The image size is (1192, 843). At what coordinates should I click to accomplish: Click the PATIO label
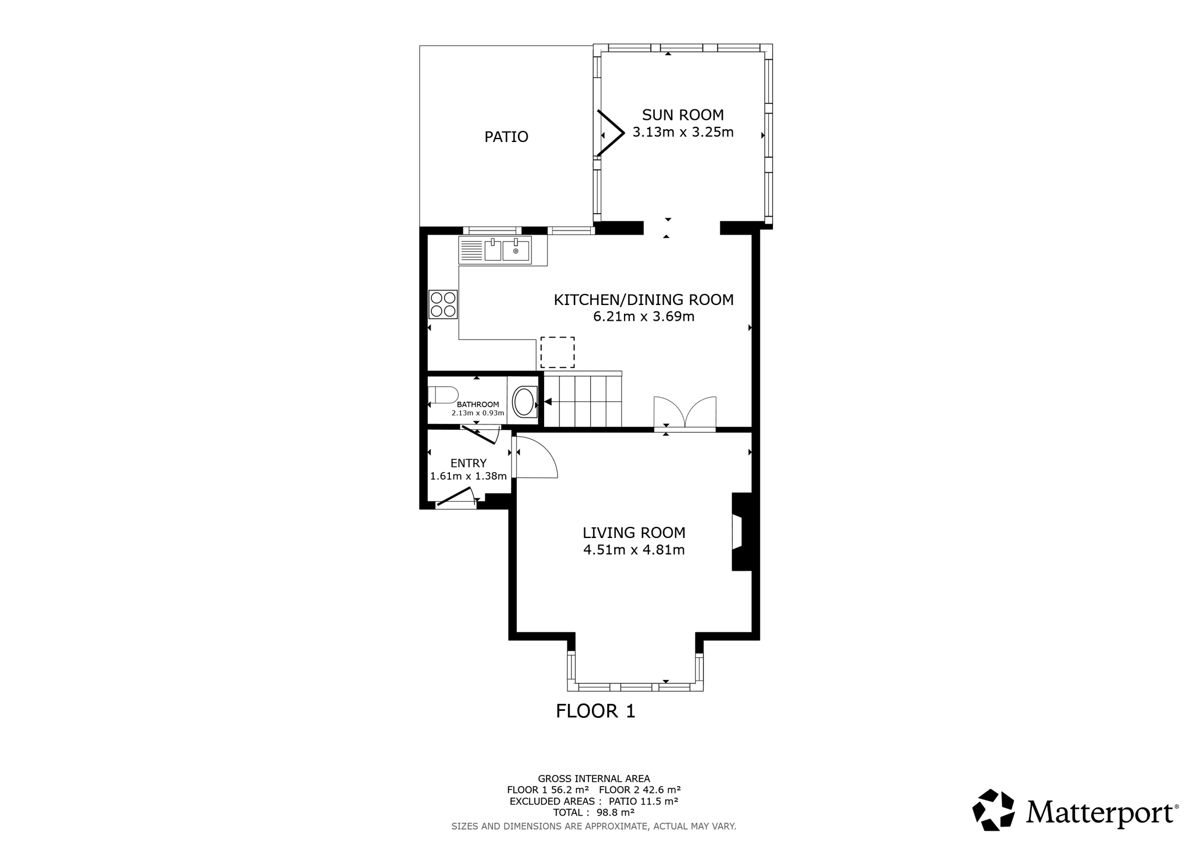tap(506, 137)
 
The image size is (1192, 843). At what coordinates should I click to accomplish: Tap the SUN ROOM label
tap(683, 115)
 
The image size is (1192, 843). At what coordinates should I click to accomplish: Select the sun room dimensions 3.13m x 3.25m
tap(683, 132)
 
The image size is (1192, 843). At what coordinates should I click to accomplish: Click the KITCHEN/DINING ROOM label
tap(643, 300)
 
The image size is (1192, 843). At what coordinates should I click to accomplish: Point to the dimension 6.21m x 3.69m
tap(643, 317)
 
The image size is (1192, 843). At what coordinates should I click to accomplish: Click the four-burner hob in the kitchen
tap(443, 304)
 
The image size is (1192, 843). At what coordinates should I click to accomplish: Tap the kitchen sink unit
tap(495, 250)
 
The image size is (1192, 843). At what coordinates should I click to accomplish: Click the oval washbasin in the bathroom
tap(524, 402)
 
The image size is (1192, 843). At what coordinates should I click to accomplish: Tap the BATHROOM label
tap(478, 405)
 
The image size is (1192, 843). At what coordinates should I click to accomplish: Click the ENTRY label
tap(469, 463)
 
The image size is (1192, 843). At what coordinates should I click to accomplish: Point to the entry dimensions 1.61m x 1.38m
tap(469, 476)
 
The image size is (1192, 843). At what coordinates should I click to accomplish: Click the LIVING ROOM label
tap(634, 533)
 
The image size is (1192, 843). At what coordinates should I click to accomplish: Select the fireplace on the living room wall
tap(742, 532)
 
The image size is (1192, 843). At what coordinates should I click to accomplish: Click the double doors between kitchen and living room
tap(684, 414)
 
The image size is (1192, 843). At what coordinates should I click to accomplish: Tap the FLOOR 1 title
tap(595, 711)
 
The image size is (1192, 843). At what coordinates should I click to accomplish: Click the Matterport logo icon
tap(994, 810)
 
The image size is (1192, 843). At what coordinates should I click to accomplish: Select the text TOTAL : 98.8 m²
tap(594, 812)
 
